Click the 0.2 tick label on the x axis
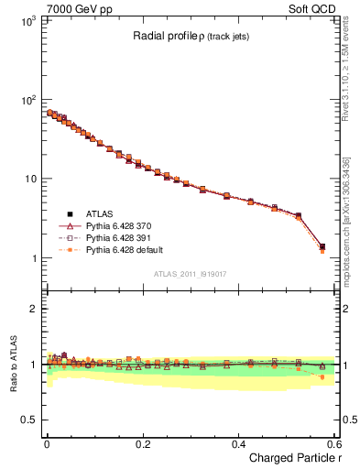pyautogui.click(x=142, y=443)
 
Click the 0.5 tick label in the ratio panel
pyautogui.click(x=27, y=420)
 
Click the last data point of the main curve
pyautogui.click(x=322, y=246)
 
